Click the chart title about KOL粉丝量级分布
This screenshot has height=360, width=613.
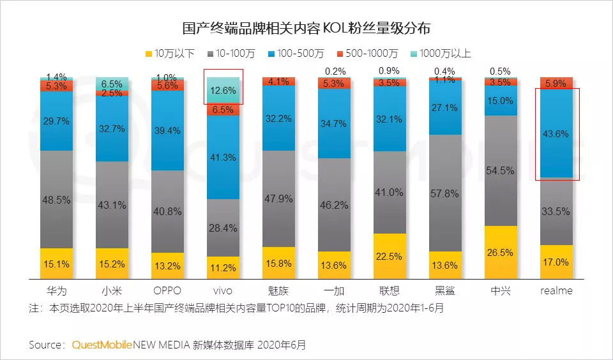tap(306, 29)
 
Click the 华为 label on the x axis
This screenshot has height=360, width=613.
tap(56, 290)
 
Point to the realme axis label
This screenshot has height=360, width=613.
tap(556, 290)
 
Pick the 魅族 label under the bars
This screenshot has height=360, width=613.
tap(278, 290)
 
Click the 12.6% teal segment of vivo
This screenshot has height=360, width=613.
tap(223, 91)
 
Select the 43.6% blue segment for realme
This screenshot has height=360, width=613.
tap(556, 133)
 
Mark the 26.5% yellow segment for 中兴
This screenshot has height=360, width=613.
tap(501, 252)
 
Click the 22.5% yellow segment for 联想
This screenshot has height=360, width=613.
tap(390, 256)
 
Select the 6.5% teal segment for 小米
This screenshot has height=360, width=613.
tap(112, 84)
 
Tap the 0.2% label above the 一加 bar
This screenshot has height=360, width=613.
tap(334, 71)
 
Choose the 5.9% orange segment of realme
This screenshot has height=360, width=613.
tap(556, 82)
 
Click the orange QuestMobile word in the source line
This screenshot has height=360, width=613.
tap(102, 345)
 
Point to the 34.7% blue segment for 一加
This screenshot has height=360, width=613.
tap(334, 123)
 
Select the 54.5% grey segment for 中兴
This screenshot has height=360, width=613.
tap(501, 170)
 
